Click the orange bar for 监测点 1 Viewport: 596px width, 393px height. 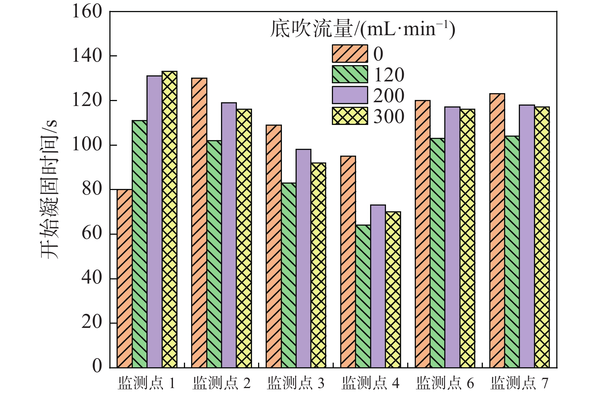coord(124,278)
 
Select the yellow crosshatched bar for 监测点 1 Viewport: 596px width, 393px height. coord(170,220)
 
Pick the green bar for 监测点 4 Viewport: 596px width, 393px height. coord(363,296)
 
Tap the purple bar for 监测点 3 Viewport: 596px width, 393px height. coord(303,258)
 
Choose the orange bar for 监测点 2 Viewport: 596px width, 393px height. coord(199,223)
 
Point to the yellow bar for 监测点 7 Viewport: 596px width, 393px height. coord(542,237)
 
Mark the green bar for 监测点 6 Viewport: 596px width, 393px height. coord(437,253)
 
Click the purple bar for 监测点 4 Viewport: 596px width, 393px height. coord(378,286)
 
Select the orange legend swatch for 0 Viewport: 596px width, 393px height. coord(350,54)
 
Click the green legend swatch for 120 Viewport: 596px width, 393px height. coord(350,75)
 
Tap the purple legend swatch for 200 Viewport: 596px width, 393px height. coord(350,95)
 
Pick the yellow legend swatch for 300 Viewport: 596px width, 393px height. coord(350,116)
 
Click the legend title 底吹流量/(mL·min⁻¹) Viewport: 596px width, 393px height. coord(363,29)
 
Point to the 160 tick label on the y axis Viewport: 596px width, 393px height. coord(87,12)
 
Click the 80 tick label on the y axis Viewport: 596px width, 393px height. coord(92,189)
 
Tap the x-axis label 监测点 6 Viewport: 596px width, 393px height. coord(445,384)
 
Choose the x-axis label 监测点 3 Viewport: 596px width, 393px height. coord(296,384)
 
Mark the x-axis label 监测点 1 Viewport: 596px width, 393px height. coord(146,384)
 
